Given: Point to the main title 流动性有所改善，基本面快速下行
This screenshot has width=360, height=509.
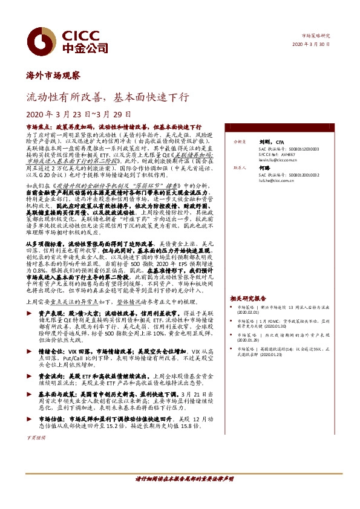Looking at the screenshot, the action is pos(108,97).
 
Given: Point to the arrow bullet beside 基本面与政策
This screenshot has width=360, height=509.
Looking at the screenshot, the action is pos(31,393).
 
